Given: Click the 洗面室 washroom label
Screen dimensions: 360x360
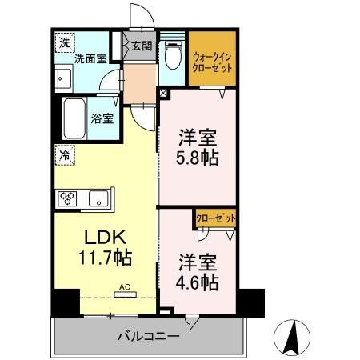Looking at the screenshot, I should [x=90, y=58].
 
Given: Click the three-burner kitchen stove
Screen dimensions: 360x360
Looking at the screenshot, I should [x=67, y=198].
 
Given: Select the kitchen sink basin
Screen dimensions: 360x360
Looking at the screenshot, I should [x=99, y=198].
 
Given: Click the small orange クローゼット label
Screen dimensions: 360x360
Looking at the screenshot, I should [x=215, y=216].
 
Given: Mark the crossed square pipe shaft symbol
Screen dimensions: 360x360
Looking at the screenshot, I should [x=163, y=93].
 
